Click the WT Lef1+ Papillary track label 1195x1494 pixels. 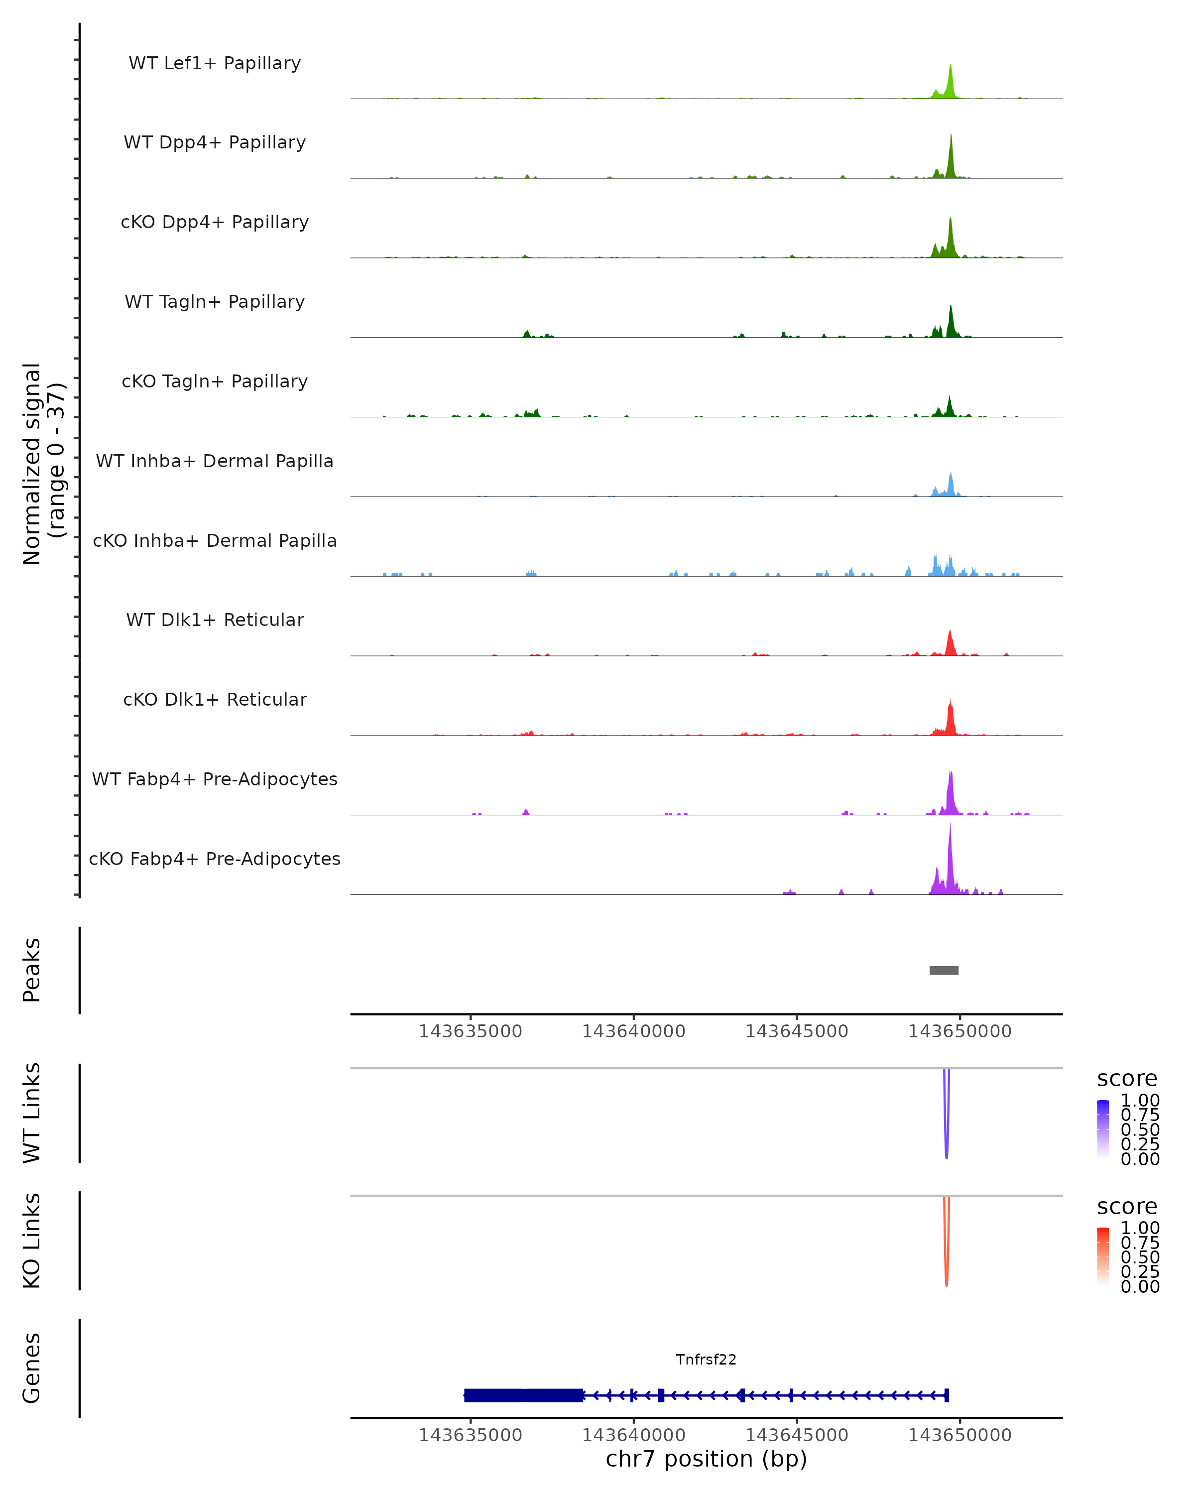click(x=215, y=63)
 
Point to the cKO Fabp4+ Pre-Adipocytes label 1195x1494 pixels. click(x=215, y=859)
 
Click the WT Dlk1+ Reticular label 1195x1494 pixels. click(x=215, y=620)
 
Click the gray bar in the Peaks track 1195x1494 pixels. click(x=944, y=970)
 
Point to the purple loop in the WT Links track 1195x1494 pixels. click(x=947, y=1136)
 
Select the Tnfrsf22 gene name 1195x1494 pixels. click(x=706, y=1360)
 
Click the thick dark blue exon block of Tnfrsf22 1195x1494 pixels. click(x=523, y=1395)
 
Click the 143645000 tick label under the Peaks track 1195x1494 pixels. click(x=797, y=1031)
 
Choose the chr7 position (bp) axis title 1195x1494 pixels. click(x=706, y=1459)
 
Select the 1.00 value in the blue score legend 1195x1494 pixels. click(x=1140, y=1101)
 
